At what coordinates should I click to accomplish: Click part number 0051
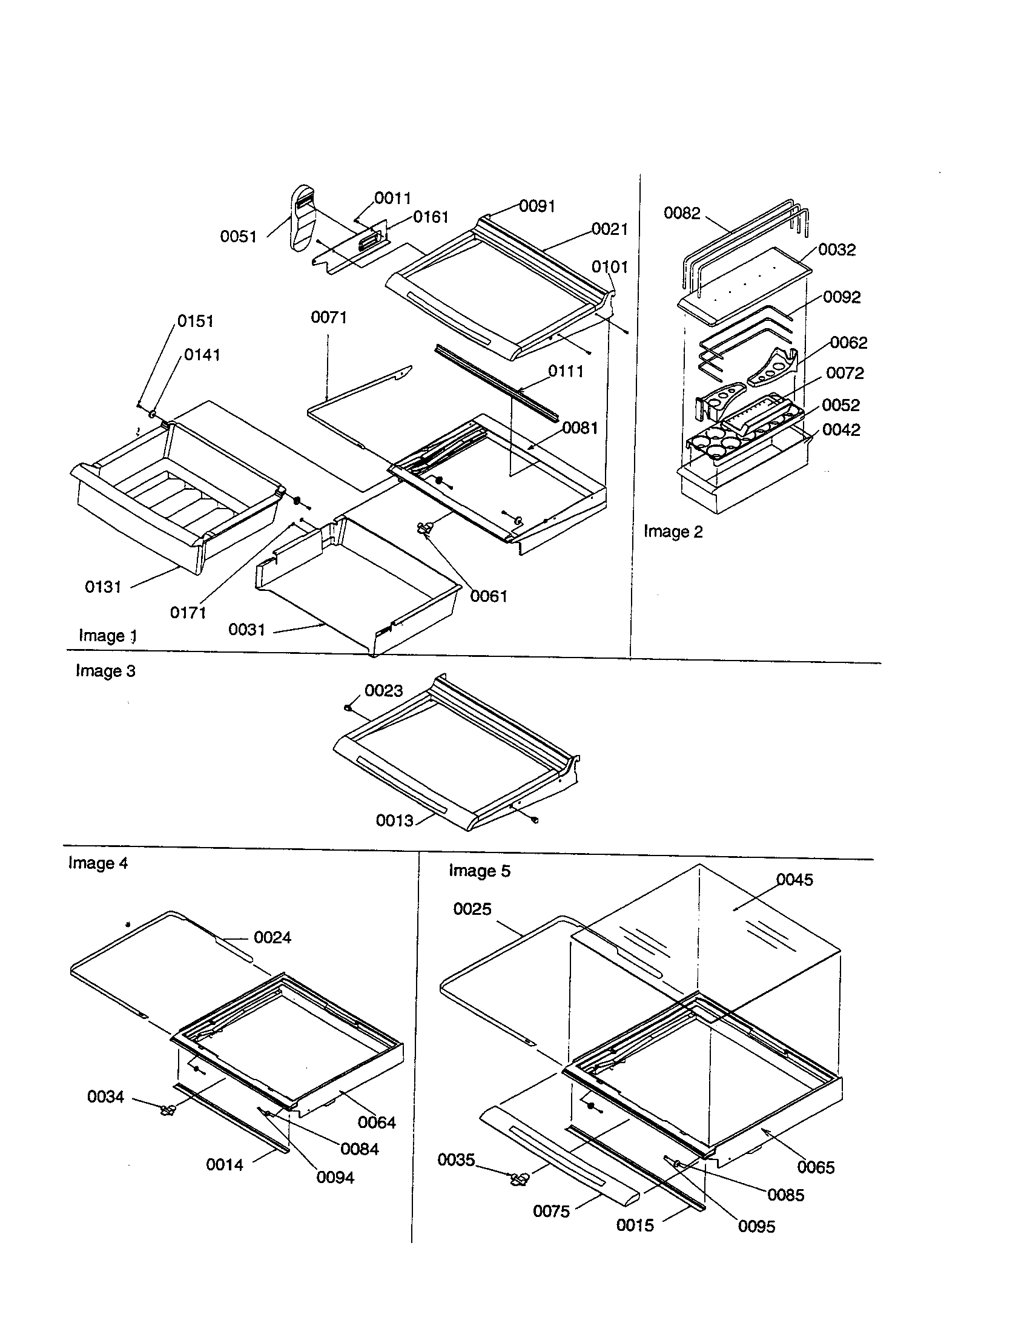(239, 237)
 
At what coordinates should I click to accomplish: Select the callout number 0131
(103, 587)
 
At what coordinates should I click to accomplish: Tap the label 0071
(329, 317)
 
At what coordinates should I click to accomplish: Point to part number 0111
(566, 371)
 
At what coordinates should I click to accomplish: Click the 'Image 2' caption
(673, 532)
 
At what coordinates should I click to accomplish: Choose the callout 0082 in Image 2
(682, 213)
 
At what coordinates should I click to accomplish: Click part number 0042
(841, 430)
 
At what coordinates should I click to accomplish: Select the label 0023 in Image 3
(383, 690)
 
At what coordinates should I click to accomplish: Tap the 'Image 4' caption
(98, 863)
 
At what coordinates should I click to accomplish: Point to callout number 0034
(105, 1096)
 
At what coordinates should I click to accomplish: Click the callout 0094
(335, 1178)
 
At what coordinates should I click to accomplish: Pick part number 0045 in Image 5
(794, 880)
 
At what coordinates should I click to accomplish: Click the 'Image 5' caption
(480, 871)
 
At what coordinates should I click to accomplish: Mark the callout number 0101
(609, 267)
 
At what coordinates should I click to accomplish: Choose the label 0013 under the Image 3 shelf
(395, 821)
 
